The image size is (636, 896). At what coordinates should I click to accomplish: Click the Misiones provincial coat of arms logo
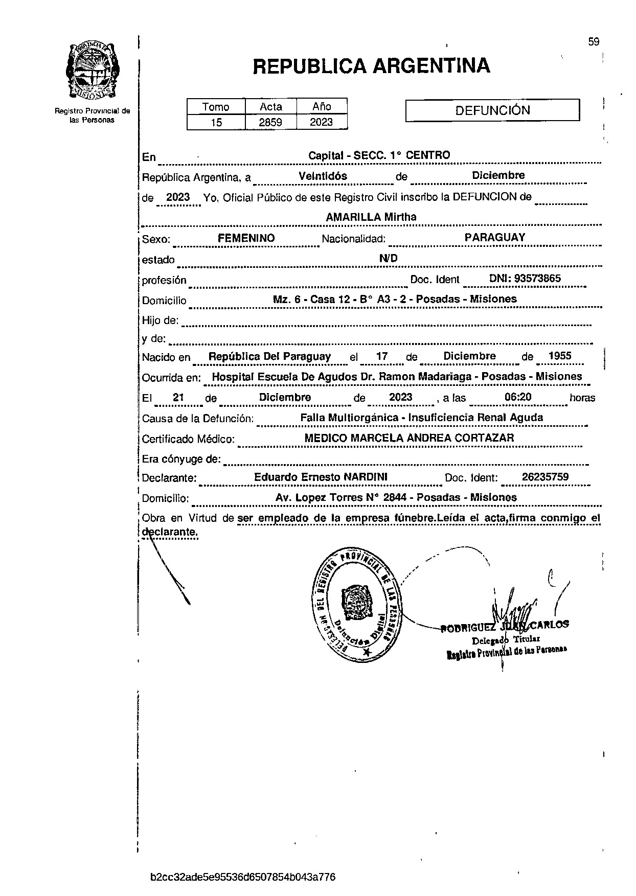(93, 71)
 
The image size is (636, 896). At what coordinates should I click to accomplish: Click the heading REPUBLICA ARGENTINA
(372, 66)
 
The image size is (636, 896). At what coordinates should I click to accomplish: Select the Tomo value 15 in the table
(216, 122)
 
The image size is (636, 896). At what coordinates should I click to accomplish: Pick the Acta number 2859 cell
(270, 122)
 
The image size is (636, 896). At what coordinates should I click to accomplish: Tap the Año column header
(322, 106)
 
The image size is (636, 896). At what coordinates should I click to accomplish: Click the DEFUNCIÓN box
(492, 110)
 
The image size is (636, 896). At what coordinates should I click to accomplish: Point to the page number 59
(594, 42)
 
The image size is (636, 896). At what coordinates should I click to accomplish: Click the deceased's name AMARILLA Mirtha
(371, 217)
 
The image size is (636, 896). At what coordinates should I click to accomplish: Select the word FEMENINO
(246, 238)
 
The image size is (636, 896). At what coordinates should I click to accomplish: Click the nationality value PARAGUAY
(495, 237)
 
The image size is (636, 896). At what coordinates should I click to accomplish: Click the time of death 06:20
(518, 397)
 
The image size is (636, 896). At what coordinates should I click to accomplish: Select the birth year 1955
(559, 356)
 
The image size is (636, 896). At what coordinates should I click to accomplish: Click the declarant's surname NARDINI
(366, 477)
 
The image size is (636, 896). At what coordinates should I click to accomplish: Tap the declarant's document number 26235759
(546, 477)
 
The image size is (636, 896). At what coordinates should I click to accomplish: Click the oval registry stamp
(357, 604)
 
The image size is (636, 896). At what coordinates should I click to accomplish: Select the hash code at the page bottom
(243, 878)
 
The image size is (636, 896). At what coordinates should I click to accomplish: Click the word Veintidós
(323, 176)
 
